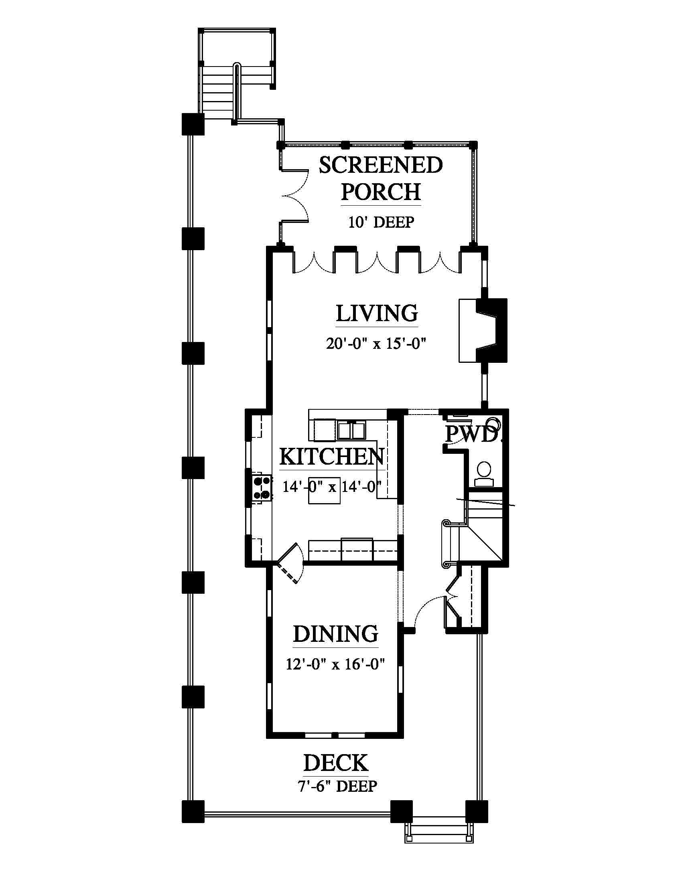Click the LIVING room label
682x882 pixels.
(377, 314)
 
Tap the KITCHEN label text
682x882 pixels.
(331, 457)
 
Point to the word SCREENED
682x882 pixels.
(381, 165)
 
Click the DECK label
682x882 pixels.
(336, 763)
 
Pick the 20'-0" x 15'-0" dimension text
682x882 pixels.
(377, 344)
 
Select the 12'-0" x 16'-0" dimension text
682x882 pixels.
(335, 664)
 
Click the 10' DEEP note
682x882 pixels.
(382, 222)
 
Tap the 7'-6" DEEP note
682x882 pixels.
(338, 786)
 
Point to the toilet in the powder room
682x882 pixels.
(484, 474)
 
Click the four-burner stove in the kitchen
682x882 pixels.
(262, 488)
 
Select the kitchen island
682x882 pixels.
(324, 490)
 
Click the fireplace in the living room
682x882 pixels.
(483, 330)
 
